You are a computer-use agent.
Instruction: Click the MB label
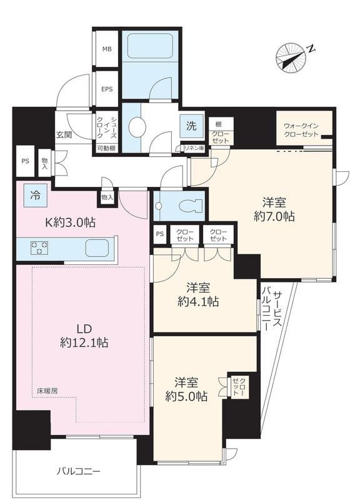tap(107, 49)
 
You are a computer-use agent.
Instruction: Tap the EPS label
tap(107, 89)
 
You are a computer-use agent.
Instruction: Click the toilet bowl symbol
tap(191, 206)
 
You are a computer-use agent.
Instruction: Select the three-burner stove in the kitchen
tap(39, 247)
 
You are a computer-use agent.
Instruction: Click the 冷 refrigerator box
tap(35, 195)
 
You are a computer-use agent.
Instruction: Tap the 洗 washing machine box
tap(191, 126)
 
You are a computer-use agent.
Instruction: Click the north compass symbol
tap(291, 57)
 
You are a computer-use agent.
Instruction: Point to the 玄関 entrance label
tap(64, 134)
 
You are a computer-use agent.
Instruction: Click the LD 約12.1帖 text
tap(84, 336)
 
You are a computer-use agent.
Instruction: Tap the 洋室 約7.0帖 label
tap(274, 209)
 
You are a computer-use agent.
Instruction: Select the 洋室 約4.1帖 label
tap(198, 294)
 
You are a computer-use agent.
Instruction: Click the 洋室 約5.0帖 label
tap(186, 389)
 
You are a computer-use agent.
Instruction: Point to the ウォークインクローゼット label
tap(301, 130)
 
